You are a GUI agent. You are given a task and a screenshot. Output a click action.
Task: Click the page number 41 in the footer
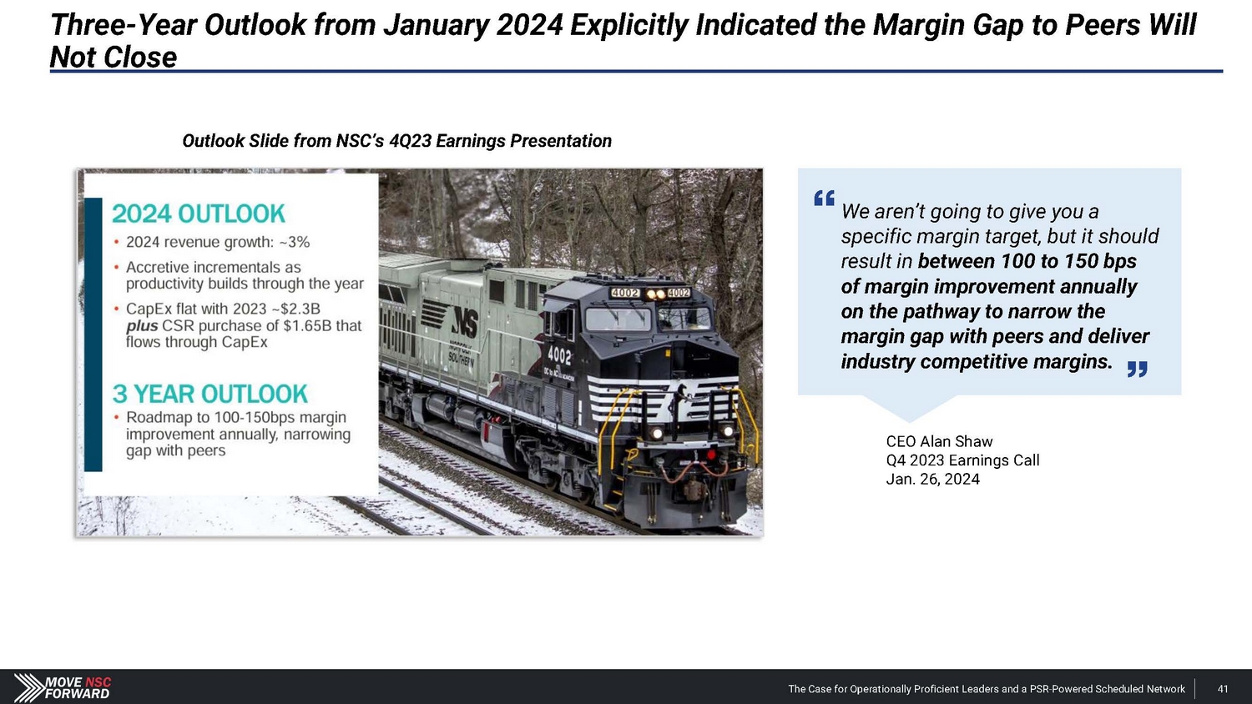point(1223,689)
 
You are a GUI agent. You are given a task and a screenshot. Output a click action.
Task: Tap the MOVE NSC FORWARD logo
point(62,688)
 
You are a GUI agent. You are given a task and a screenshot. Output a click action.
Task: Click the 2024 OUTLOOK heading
point(199,214)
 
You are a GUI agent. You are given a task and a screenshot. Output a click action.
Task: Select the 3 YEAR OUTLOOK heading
point(210,394)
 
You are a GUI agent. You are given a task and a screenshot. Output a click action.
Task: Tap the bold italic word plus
point(142,326)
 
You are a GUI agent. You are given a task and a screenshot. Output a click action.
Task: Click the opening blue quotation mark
point(825,199)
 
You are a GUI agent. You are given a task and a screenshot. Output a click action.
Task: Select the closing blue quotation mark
point(1137,369)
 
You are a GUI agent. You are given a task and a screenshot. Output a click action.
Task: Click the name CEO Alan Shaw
point(939,441)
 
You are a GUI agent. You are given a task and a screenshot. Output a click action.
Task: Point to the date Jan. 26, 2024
point(932,480)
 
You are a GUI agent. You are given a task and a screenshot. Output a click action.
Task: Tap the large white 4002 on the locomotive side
point(559,355)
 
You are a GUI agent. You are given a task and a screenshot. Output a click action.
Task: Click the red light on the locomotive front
point(710,455)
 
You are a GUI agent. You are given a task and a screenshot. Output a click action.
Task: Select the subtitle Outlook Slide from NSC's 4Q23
point(396,141)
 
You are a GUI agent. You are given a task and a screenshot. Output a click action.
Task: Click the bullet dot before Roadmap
point(116,417)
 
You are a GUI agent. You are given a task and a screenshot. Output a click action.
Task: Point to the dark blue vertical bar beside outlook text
point(93,334)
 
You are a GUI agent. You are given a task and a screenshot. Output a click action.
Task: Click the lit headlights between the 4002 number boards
point(656,294)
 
